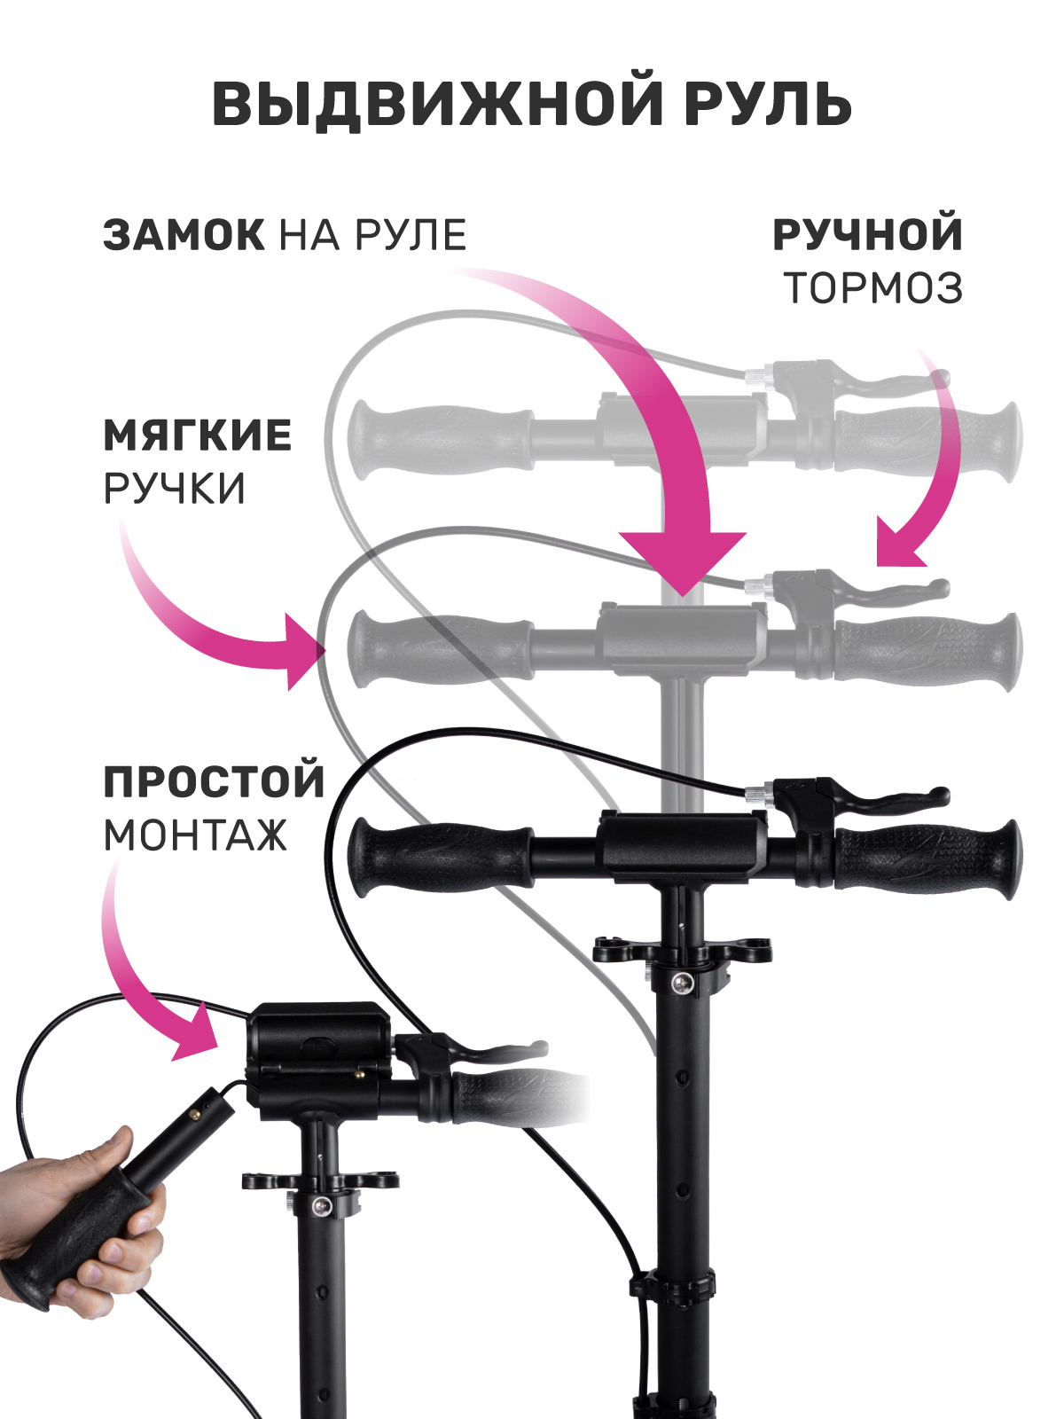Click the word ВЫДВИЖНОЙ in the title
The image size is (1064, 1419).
coord(437,104)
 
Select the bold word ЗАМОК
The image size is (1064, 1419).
coord(184,234)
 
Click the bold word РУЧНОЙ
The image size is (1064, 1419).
coord(868,234)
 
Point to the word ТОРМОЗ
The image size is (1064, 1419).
coord(872,287)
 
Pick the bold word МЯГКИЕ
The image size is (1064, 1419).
coord(198,435)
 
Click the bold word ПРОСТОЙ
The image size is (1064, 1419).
coord(214,781)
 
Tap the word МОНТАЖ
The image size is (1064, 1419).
coord(195,835)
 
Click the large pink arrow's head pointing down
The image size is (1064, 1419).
coord(683,561)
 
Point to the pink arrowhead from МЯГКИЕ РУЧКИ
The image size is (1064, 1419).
coord(305,652)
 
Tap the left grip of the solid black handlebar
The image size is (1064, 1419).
coord(440,858)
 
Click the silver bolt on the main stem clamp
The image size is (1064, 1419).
coord(685,1001)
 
